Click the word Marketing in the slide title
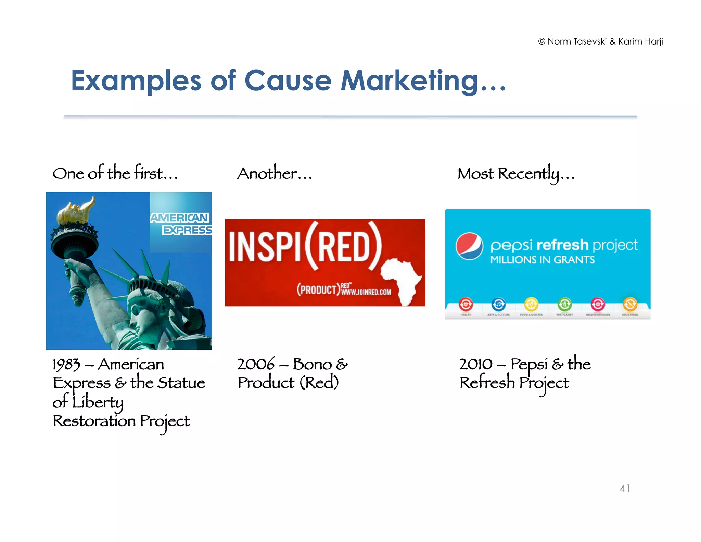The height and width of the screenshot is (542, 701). coord(409,81)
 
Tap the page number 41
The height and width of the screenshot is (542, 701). coord(625,488)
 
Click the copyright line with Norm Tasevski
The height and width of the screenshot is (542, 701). coord(600,41)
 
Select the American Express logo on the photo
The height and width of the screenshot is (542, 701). coord(181,223)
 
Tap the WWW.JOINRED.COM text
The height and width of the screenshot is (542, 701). coord(366,292)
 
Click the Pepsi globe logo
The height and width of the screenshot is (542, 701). coord(469,246)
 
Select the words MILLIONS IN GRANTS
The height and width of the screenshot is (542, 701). coord(542,260)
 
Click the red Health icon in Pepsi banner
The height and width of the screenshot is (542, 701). coord(466,304)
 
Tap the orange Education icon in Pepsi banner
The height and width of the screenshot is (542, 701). coord(630,304)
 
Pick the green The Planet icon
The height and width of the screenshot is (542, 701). coord(564,304)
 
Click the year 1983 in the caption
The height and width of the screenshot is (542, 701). coord(66,365)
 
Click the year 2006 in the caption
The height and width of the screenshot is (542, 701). coord(256,364)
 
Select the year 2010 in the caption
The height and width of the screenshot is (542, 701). coord(476,364)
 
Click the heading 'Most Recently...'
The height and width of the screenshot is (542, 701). coord(516,174)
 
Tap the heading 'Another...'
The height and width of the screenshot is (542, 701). coord(275,174)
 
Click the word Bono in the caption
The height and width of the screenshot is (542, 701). coord(312,364)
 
